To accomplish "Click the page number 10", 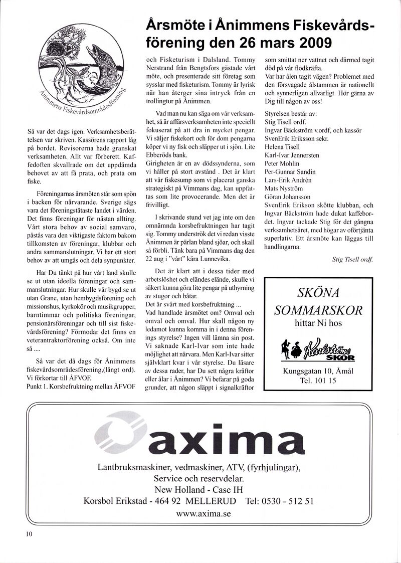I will click(29, 534).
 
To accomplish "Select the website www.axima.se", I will click(204, 514).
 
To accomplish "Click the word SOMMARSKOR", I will click(318, 310).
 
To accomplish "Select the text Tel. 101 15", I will click(318, 381).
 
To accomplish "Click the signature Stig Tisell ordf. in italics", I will click(353, 259).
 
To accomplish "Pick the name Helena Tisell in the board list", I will click(282, 147).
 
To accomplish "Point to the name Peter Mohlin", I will click(282, 163).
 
